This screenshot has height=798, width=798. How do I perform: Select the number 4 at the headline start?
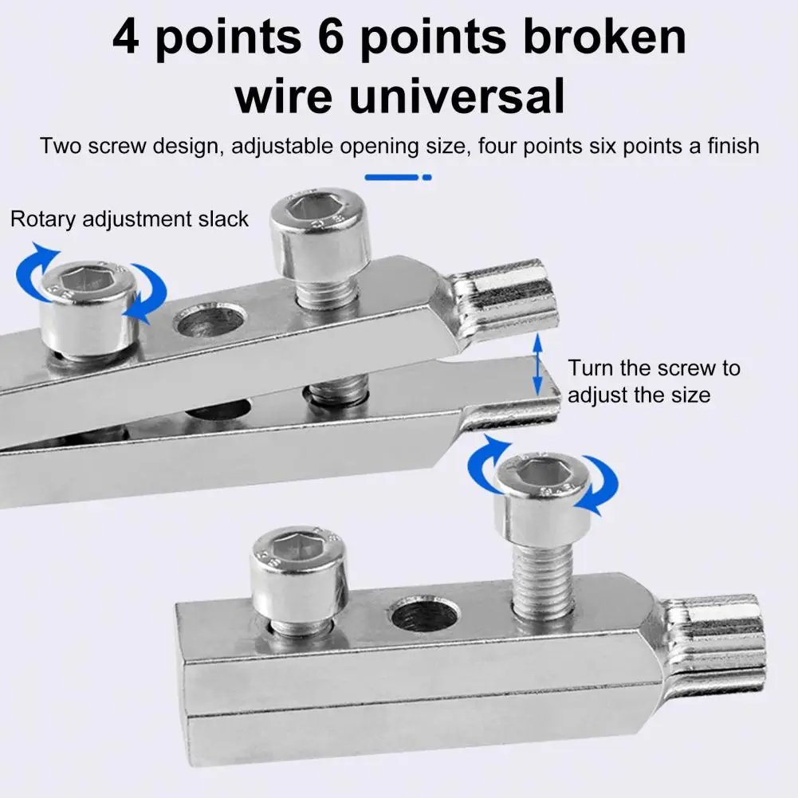[x=126, y=38]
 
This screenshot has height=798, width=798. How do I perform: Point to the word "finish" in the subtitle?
[x=723, y=147]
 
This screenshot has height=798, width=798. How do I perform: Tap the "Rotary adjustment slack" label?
[x=129, y=219]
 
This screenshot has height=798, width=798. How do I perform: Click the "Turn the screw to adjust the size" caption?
[x=654, y=381]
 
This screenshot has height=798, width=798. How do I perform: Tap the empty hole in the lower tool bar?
[x=423, y=617]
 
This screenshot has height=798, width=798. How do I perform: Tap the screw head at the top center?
[x=319, y=231]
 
